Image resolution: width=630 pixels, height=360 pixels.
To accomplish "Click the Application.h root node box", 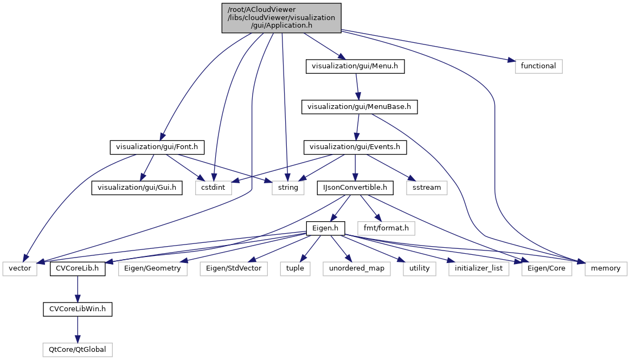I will [281, 18].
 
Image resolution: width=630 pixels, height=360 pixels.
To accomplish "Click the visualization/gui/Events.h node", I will [355, 146].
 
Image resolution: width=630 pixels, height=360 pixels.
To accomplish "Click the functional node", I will [538, 66].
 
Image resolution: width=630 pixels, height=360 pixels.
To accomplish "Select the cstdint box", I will [214, 188].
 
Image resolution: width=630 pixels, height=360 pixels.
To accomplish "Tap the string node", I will [288, 188].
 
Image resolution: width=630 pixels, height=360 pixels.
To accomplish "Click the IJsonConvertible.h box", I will [355, 188].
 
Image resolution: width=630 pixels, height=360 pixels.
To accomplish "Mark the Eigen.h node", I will [325, 228].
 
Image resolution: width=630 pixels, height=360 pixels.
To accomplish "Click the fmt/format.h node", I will [386, 228].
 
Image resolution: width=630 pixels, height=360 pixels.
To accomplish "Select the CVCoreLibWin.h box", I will [78, 309].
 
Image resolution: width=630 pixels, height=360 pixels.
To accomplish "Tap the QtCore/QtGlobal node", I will [78, 350].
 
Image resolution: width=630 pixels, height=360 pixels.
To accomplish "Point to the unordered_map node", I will [357, 268].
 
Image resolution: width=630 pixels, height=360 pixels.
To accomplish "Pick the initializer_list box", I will [479, 268].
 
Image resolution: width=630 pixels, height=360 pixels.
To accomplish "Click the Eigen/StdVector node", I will [234, 268].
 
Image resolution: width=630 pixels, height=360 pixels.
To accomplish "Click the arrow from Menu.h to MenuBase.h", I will [357, 87].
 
